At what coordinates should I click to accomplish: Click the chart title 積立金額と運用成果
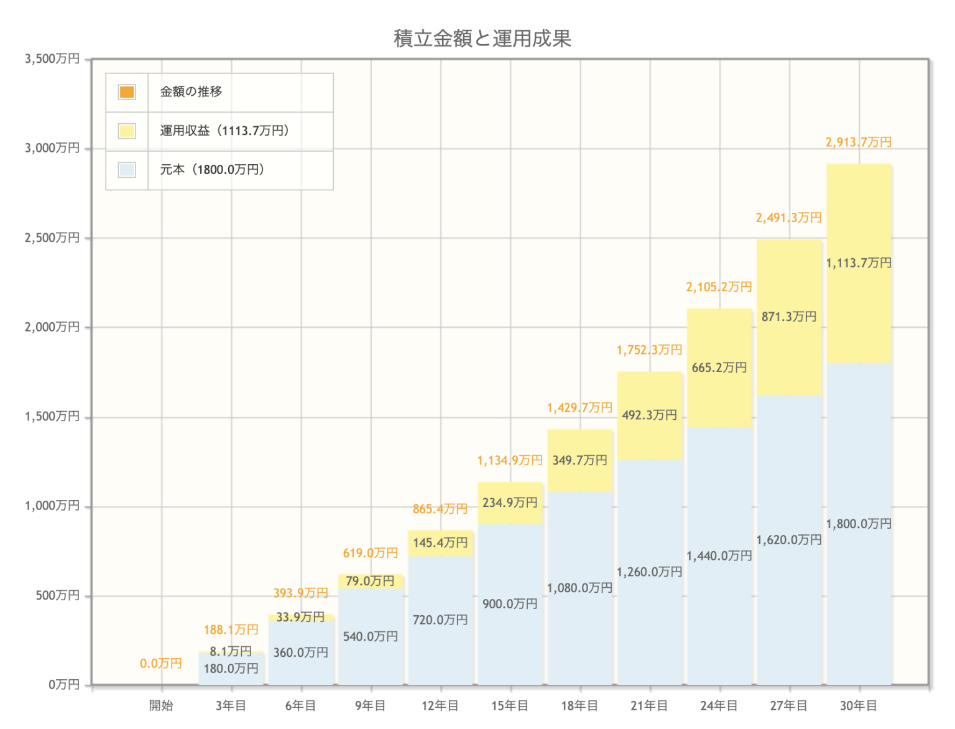click(x=482, y=39)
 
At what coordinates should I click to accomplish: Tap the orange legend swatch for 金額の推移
click(x=127, y=92)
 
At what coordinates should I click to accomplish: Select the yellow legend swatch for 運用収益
click(x=127, y=131)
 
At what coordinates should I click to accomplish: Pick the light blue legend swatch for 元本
click(x=127, y=170)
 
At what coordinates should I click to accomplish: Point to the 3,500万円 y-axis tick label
click(x=52, y=59)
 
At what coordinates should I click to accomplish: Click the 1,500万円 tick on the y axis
click(x=52, y=417)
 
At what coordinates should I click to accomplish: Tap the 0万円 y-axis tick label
click(x=64, y=685)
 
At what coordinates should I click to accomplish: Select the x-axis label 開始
click(x=161, y=705)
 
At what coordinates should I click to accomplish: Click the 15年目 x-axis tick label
click(x=510, y=705)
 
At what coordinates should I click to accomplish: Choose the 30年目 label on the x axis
click(x=859, y=705)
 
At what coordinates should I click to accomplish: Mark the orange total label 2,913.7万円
click(x=858, y=142)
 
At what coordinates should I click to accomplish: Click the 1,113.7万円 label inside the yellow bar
click(x=859, y=263)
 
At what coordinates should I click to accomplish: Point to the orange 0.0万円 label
click(x=160, y=664)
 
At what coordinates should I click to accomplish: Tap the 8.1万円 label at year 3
click(x=231, y=651)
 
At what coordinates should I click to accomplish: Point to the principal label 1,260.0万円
click(x=649, y=572)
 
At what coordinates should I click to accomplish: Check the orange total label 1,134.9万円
click(x=509, y=460)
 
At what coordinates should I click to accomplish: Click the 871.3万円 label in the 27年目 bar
click(x=789, y=317)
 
